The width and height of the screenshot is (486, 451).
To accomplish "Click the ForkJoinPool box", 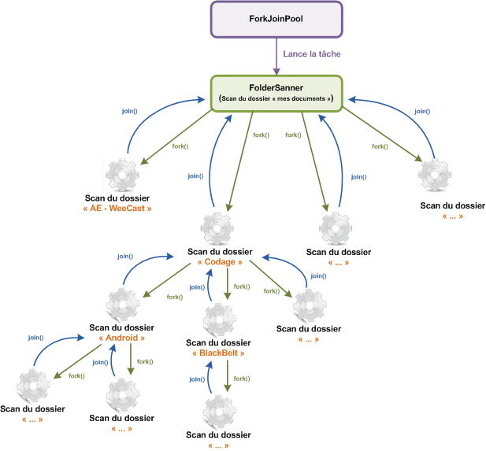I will coord(276,19).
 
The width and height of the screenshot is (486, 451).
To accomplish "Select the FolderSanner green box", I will coord(276,91).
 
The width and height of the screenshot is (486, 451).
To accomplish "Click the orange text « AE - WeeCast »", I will coord(117,209).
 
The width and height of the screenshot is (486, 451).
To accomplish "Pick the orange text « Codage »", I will coord(220,262).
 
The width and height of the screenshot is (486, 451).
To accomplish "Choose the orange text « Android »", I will coord(121,338).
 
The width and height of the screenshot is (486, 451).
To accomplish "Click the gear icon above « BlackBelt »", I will coord(219,320).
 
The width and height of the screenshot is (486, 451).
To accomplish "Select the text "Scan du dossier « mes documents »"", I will coord(276,98).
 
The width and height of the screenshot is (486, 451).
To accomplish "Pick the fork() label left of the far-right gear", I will coord(379,146).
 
